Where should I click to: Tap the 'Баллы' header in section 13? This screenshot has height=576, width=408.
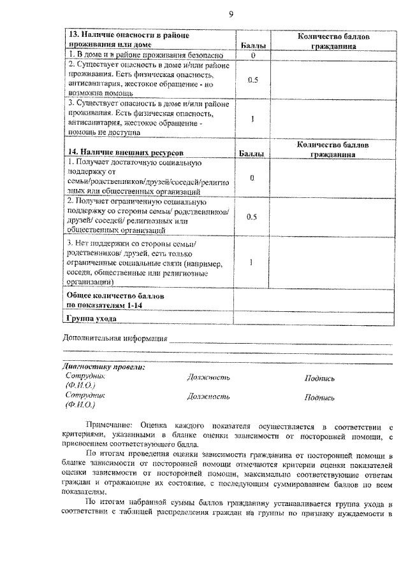[x=252, y=46]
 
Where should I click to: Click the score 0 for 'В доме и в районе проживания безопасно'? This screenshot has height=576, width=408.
[x=252, y=55]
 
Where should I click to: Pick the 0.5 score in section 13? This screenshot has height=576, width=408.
[x=252, y=80]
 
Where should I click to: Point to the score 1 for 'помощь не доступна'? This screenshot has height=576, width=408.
[x=252, y=118]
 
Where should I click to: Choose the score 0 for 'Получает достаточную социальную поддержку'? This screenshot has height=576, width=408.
[x=252, y=178]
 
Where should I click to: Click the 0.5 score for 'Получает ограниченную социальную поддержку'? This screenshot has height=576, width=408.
[x=252, y=216]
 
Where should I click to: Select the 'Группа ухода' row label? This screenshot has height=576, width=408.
[x=91, y=318]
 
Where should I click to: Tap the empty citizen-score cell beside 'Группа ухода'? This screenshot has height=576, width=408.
[x=313, y=318]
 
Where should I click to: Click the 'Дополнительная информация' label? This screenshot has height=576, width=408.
[x=115, y=339]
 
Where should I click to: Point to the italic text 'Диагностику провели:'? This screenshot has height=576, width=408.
[x=104, y=367]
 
